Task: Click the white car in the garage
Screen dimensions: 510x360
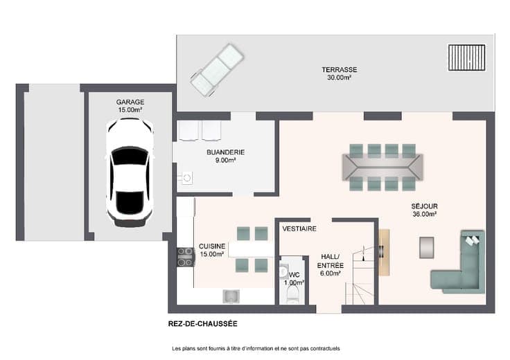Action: [130, 172]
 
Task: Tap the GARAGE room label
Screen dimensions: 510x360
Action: [130, 106]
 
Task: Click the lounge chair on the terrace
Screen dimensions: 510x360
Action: [217, 70]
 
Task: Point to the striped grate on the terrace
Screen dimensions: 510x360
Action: [467, 57]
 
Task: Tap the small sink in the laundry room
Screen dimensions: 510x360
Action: [186, 178]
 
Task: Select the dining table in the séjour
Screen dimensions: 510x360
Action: [382, 167]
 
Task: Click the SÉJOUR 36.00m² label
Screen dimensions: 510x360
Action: [425, 210]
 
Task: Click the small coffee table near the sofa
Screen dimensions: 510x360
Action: [426, 248]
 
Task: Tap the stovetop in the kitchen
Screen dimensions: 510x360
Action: [186, 257]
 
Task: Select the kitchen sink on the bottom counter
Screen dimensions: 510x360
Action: [231, 296]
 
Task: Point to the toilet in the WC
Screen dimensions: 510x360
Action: [292, 295]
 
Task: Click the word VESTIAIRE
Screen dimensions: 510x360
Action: [299, 228]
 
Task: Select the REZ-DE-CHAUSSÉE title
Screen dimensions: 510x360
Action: [202, 323]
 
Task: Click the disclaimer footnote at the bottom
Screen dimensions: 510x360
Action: [256, 348]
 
